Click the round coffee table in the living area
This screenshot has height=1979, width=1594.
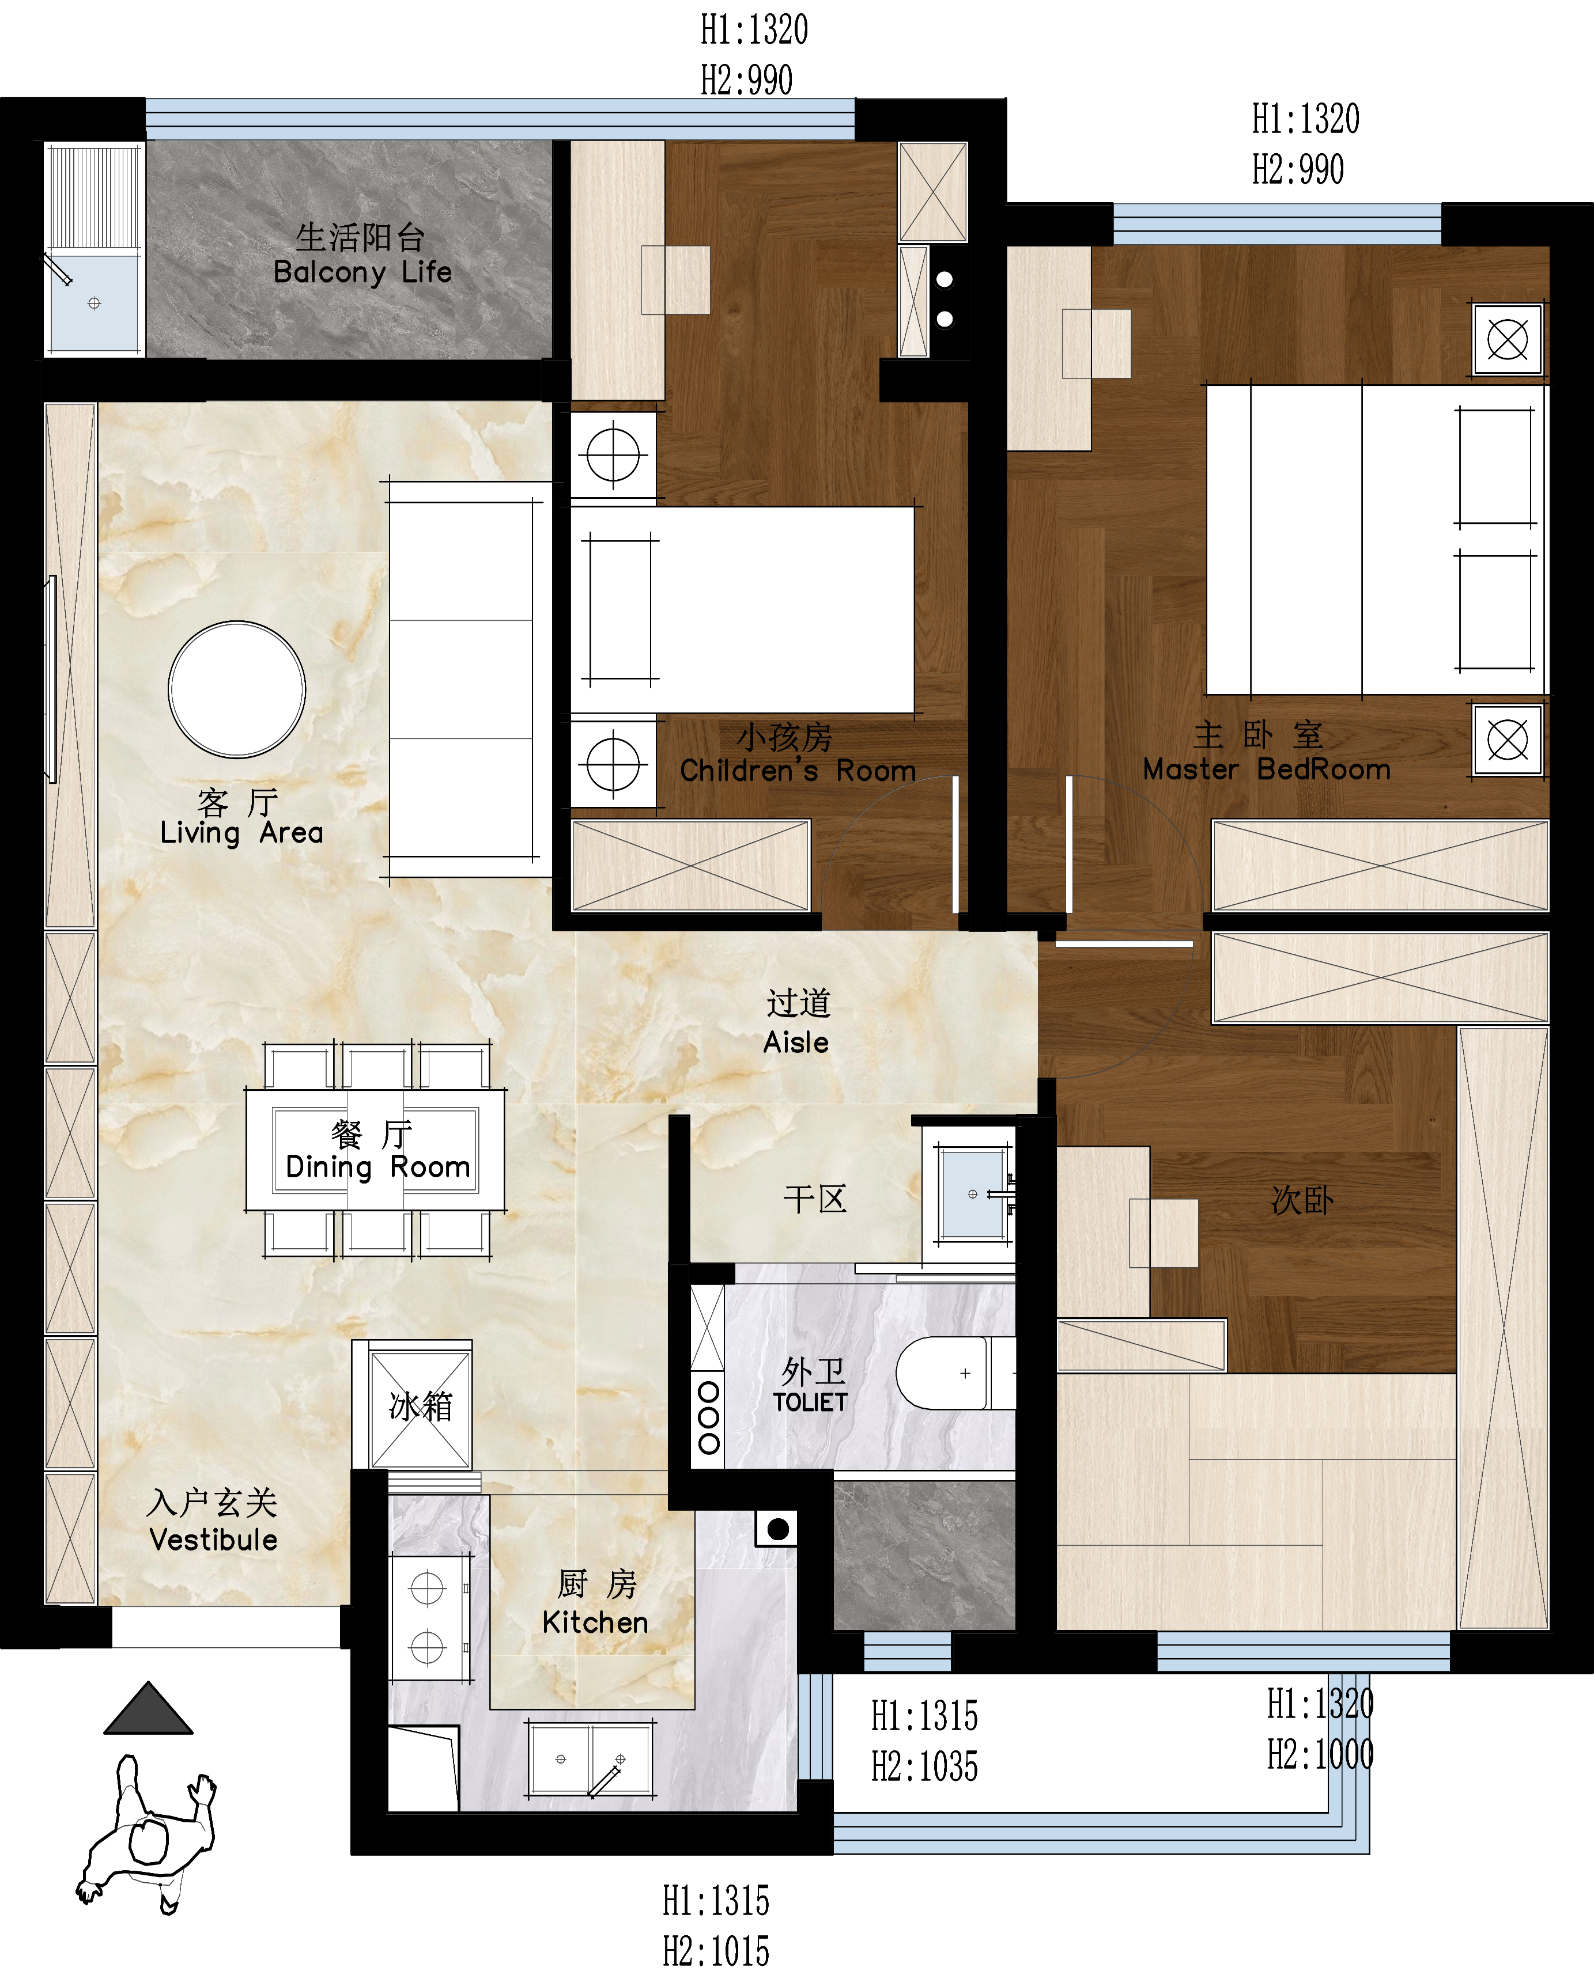(237, 689)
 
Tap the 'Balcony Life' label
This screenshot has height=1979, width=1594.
(362, 272)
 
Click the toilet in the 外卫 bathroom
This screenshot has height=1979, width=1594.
(955, 1373)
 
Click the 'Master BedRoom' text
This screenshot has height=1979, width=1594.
(1266, 769)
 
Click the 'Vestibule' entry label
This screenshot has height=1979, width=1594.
(213, 1540)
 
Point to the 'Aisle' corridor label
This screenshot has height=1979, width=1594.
(796, 1042)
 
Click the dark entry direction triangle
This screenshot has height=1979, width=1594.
(149, 1708)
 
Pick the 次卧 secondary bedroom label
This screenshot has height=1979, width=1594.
(1302, 1200)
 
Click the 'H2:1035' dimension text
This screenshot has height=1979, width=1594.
(924, 1767)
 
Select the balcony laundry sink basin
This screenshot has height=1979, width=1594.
(95, 303)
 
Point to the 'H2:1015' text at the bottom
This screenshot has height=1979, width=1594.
(716, 1951)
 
